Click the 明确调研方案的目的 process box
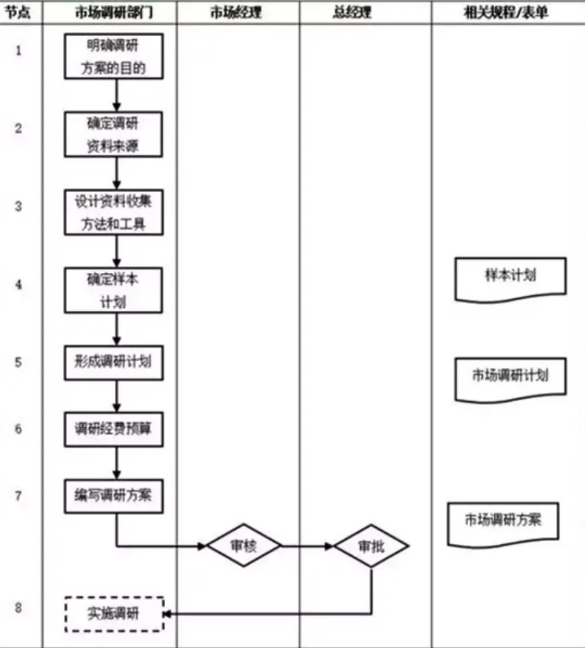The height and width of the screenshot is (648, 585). [114, 57]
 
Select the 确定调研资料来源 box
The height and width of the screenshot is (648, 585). [114, 134]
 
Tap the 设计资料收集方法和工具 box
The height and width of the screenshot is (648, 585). [114, 212]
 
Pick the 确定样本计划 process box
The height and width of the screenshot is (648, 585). [114, 290]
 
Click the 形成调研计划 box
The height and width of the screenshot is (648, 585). [114, 362]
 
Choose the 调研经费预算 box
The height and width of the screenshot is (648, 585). [114, 429]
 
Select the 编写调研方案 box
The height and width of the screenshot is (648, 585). [114, 496]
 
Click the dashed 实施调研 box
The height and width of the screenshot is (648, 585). [114, 614]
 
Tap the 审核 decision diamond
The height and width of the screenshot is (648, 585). [244, 546]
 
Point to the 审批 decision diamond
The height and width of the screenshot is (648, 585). [372, 546]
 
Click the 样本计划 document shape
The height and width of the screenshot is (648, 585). [510, 277]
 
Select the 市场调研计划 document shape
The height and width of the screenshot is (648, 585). [510, 376]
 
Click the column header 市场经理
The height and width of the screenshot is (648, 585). [236, 13]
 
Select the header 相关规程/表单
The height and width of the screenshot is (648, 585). [506, 13]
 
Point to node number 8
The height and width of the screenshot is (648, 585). [18, 608]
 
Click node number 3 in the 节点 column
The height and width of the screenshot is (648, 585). [18, 206]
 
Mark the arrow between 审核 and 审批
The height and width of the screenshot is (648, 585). [307, 546]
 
